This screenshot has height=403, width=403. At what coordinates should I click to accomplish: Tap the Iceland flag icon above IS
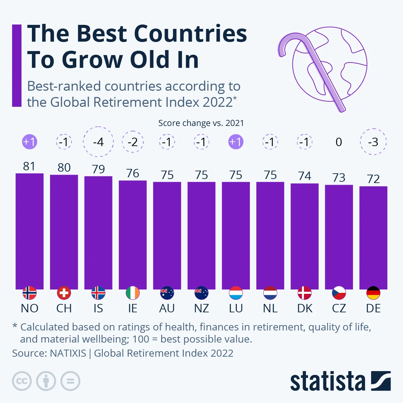click(x=98, y=293)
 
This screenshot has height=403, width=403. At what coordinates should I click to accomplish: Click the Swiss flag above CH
click(x=64, y=293)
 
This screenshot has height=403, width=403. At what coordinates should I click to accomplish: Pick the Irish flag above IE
click(x=133, y=293)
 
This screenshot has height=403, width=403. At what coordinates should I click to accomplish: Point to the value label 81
click(x=29, y=166)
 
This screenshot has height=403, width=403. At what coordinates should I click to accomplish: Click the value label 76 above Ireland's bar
click(x=133, y=173)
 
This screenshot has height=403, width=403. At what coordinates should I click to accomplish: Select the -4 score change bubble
click(x=98, y=142)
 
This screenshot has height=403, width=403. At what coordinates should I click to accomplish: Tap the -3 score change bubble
click(x=373, y=142)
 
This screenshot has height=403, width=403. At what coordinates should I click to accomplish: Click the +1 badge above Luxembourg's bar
click(x=236, y=142)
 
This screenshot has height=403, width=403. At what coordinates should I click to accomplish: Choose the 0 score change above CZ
click(x=339, y=142)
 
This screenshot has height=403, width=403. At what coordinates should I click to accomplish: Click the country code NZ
click(x=201, y=308)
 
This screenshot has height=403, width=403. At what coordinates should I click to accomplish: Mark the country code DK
click(x=305, y=308)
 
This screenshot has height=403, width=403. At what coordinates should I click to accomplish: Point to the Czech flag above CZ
click(x=339, y=293)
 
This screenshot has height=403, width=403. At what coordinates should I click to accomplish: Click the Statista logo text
click(x=327, y=382)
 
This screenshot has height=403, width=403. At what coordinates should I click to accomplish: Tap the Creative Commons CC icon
click(x=22, y=381)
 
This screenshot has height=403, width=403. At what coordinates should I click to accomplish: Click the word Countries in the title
click(x=190, y=34)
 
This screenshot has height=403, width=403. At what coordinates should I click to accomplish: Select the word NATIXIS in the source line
click(x=68, y=353)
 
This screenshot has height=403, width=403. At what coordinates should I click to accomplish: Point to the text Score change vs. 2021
click(x=201, y=123)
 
